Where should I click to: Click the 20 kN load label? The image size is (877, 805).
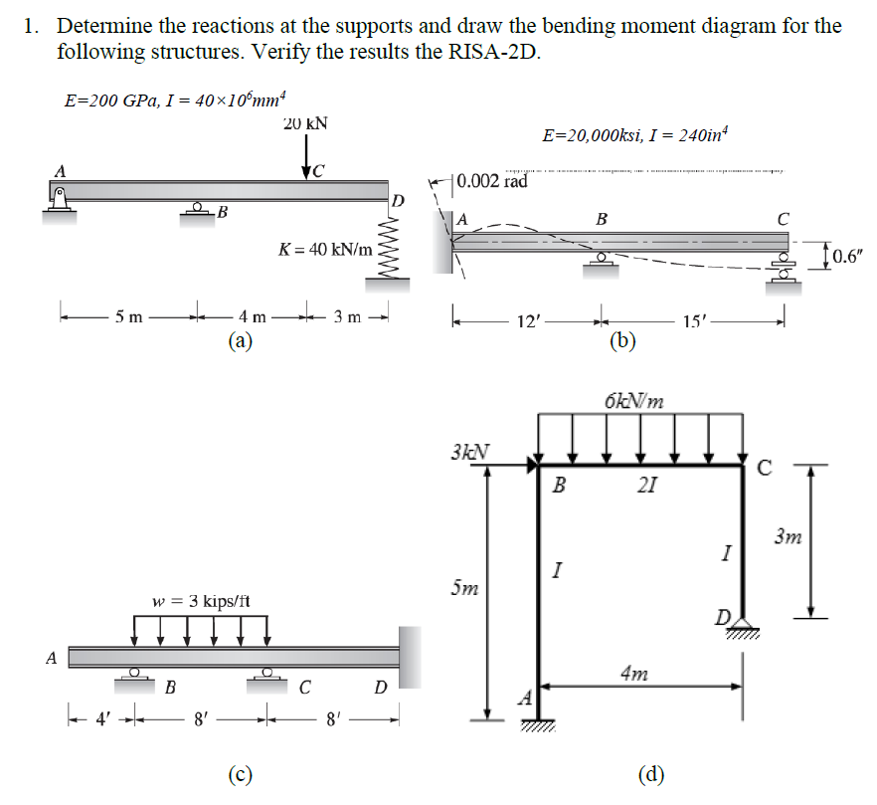pos(305,124)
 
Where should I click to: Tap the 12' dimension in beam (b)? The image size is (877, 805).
pos(527,321)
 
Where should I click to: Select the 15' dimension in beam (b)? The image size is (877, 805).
pos(693,321)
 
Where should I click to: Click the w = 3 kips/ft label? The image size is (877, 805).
pos(201,601)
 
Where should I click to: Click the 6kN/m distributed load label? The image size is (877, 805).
pos(633,401)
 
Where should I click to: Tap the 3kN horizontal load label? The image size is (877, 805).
pos(469,450)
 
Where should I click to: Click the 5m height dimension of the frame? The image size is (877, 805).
pos(464,588)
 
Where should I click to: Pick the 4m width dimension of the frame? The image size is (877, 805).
pos(632,675)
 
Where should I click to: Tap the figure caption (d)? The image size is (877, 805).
pos(651,774)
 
